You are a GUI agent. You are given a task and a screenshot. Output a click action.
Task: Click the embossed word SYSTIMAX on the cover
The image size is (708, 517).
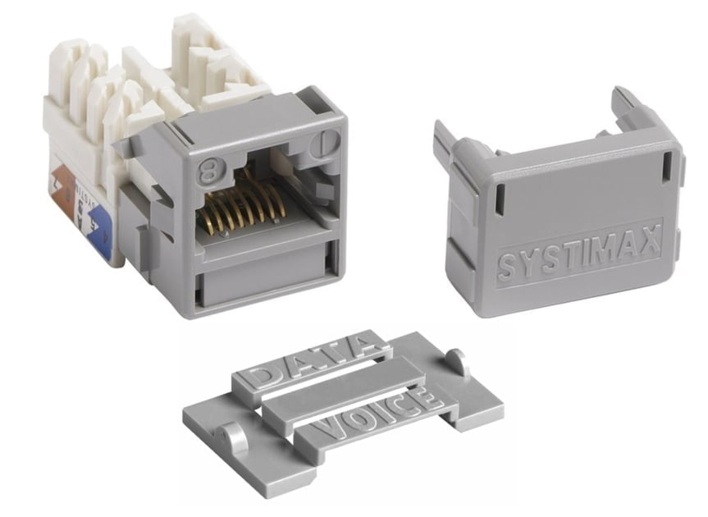[x=578, y=258]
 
